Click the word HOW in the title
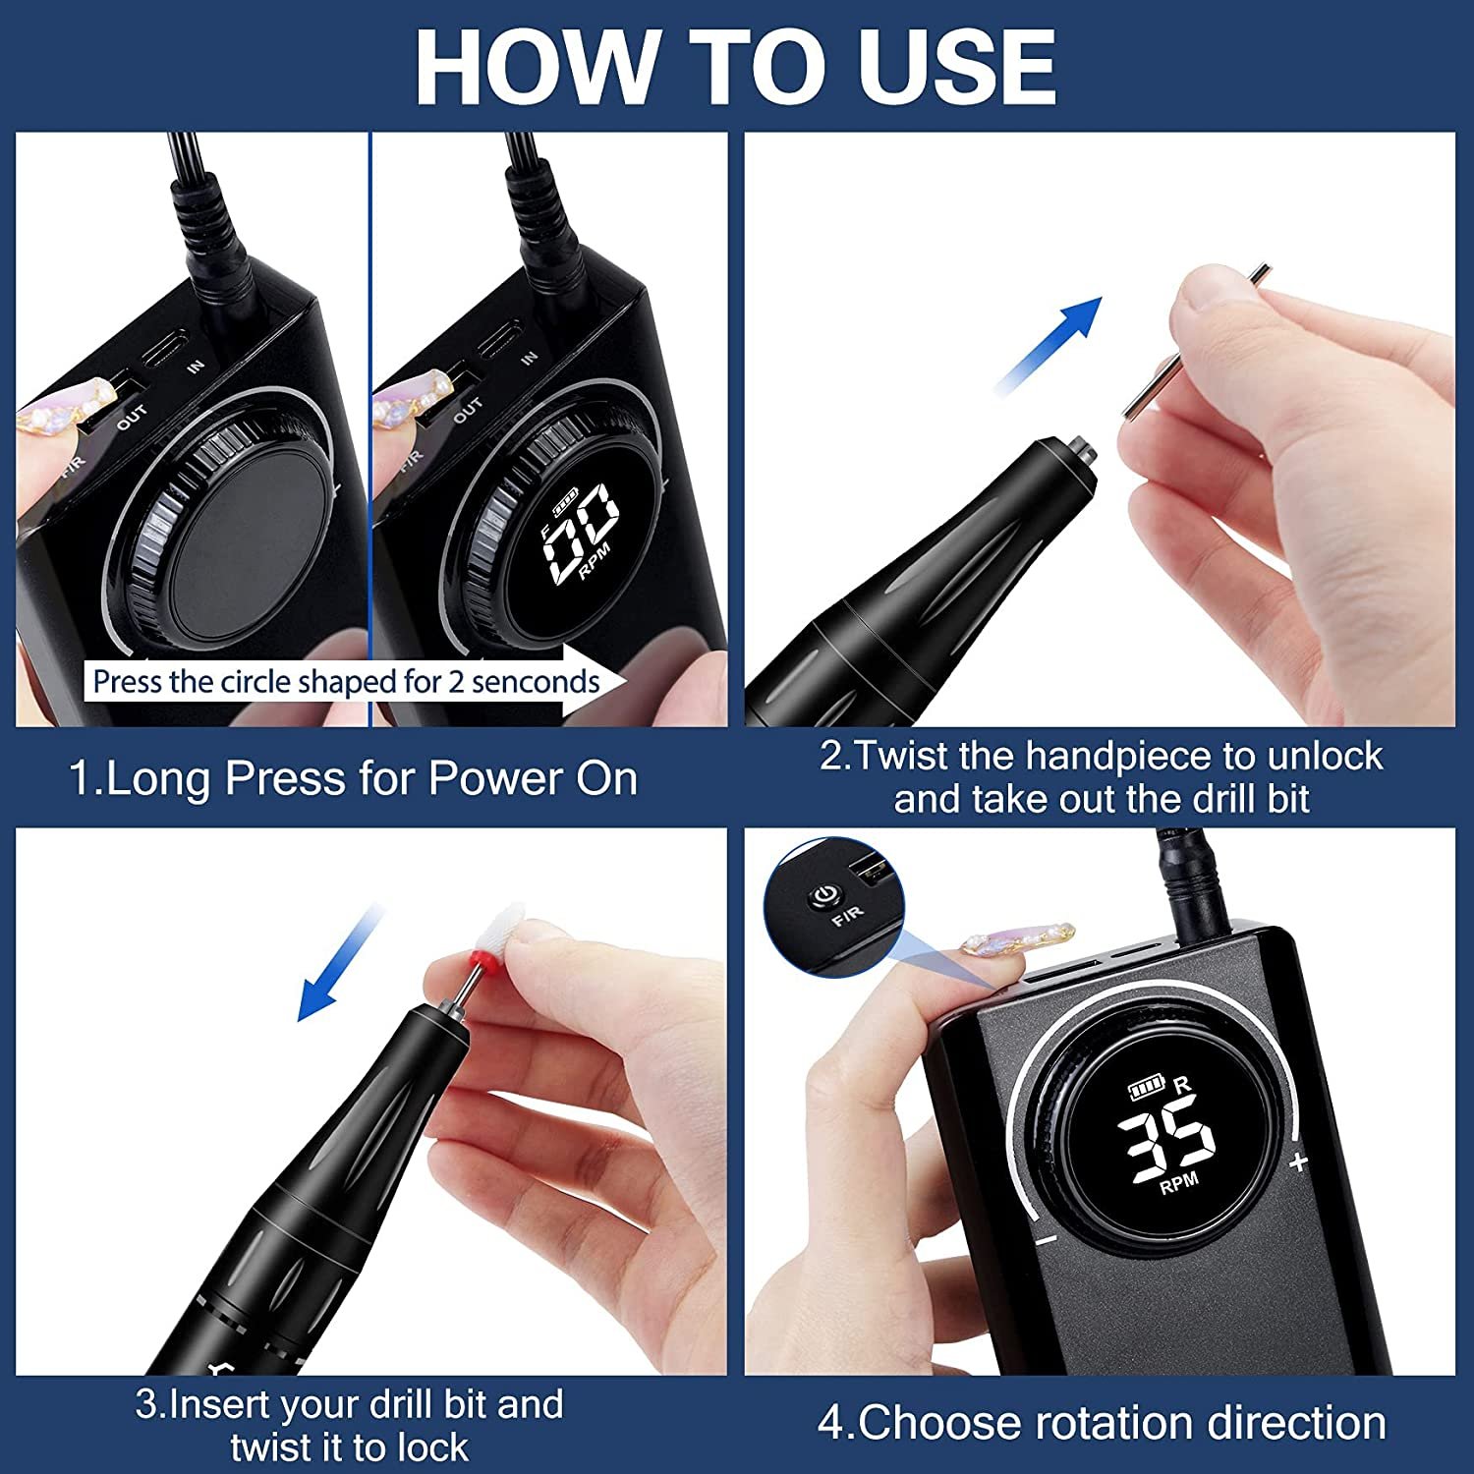coord(536,67)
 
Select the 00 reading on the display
coord(582,529)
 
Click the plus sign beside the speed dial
coord(1299,1162)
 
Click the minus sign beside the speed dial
coord(1046,1240)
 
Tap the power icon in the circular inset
coord(823,895)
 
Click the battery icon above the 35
coord(1145,1088)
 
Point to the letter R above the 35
coord(1182,1084)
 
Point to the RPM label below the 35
coord(1179,1181)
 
